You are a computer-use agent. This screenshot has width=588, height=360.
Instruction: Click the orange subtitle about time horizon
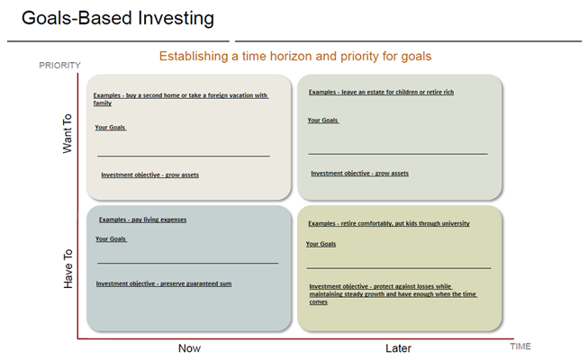(295, 56)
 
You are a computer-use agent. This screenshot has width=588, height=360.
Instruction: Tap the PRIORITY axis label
(59, 65)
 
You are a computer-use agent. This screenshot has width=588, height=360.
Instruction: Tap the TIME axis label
(520, 346)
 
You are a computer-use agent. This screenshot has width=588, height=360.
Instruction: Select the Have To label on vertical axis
(68, 268)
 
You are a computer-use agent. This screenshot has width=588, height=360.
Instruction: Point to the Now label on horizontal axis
(189, 348)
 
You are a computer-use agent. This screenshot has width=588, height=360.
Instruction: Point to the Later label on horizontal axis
(397, 348)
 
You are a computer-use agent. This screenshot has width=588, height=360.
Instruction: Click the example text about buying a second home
(180, 99)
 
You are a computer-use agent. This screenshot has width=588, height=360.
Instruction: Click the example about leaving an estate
(381, 92)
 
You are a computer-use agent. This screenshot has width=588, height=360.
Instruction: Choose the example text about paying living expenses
(142, 220)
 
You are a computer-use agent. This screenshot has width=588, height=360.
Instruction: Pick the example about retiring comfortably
(388, 223)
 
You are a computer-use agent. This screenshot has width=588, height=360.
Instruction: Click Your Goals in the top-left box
(111, 128)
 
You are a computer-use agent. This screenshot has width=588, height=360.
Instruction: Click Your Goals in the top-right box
(322, 121)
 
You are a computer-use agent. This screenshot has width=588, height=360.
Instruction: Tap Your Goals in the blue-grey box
(111, 239)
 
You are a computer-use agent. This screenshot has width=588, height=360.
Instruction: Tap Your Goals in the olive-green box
(321, 244)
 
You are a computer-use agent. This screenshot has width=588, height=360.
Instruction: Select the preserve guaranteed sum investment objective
(164, 283)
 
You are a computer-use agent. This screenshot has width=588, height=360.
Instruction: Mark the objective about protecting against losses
(393, 294)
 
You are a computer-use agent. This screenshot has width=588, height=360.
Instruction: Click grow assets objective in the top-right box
(359, 174)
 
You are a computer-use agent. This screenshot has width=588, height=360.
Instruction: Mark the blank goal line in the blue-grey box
(187, 263)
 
